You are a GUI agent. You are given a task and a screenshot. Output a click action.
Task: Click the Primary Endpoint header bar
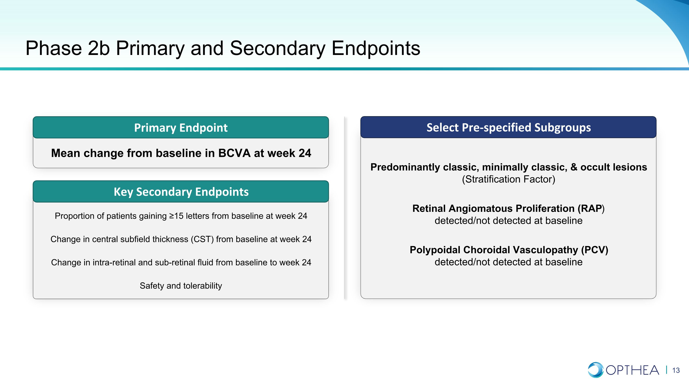coord(181,127)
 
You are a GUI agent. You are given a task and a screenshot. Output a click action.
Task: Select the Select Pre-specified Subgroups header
coord(508,127)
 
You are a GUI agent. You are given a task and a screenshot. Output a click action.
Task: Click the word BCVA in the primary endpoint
coord(234,153)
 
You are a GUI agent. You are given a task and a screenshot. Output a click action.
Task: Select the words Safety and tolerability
coord(181,286)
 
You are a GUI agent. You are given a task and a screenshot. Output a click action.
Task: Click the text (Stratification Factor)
coord(508,179)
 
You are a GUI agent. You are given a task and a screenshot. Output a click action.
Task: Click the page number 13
coord(676,370)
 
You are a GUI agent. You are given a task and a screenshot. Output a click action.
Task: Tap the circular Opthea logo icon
coord(595,370)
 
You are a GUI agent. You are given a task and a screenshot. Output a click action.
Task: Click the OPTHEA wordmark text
coord(632,370)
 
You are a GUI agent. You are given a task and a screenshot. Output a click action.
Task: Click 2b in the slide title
coord(99,48)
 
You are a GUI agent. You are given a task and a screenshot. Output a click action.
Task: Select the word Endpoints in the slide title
coord(376,49)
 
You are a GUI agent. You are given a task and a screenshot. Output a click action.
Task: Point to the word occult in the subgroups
coord(591,167)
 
